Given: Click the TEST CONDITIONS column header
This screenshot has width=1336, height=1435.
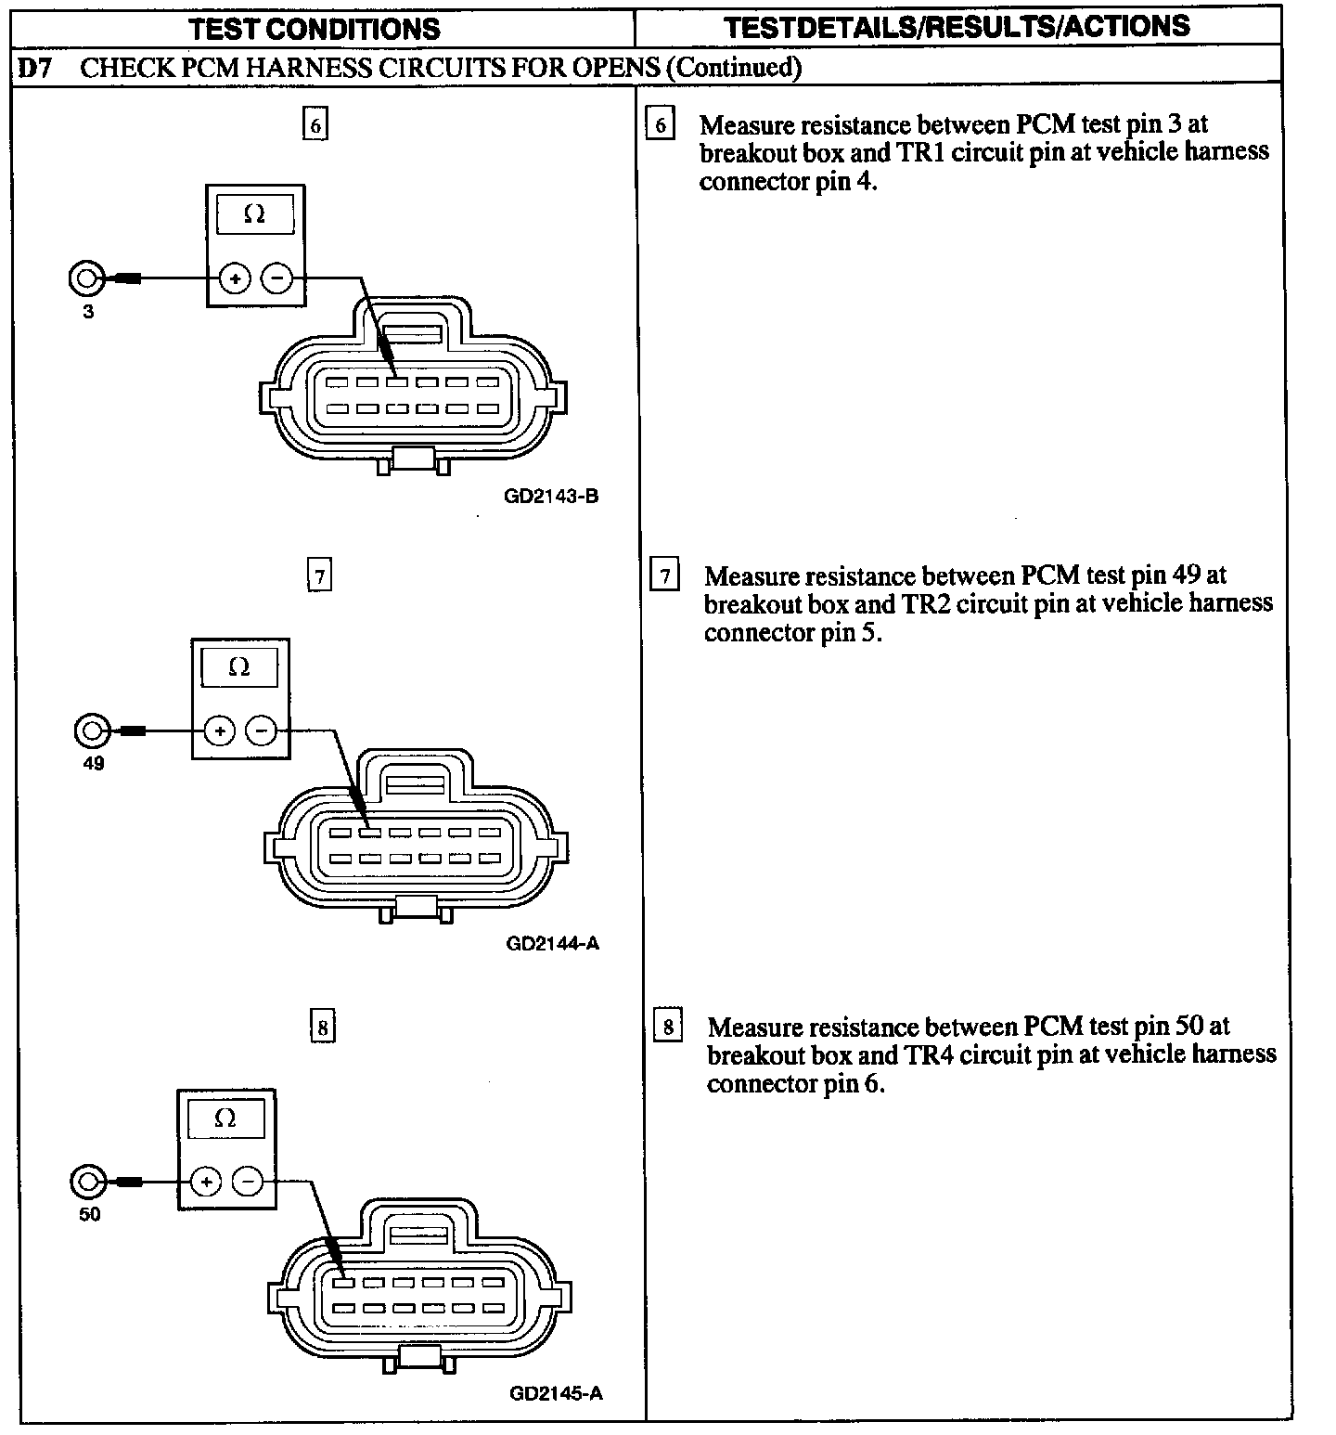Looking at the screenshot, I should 315,29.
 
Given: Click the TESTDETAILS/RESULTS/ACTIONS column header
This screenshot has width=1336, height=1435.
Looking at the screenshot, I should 957,26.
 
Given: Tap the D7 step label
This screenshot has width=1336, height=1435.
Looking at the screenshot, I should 35,68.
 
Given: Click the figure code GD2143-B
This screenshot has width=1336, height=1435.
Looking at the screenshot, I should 551,496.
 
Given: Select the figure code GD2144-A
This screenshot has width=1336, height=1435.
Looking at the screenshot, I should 553,943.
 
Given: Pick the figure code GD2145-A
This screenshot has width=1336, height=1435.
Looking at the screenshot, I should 556,1393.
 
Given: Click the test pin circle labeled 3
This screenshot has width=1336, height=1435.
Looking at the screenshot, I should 85,278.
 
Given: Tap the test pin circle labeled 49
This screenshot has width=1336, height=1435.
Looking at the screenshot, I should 91,730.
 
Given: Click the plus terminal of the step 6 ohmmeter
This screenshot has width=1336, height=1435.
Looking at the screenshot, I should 235,278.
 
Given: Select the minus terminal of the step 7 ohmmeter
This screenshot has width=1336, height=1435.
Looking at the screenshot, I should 261,731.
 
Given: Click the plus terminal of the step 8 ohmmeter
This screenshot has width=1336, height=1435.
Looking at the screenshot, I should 206,1182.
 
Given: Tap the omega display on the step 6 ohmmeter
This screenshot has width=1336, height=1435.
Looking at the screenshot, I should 254,214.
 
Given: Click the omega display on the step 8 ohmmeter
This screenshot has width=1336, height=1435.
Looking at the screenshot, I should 225,1118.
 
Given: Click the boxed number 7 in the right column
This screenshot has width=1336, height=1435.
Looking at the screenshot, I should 664,575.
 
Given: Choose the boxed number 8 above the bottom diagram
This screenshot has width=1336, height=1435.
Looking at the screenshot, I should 322,1028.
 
